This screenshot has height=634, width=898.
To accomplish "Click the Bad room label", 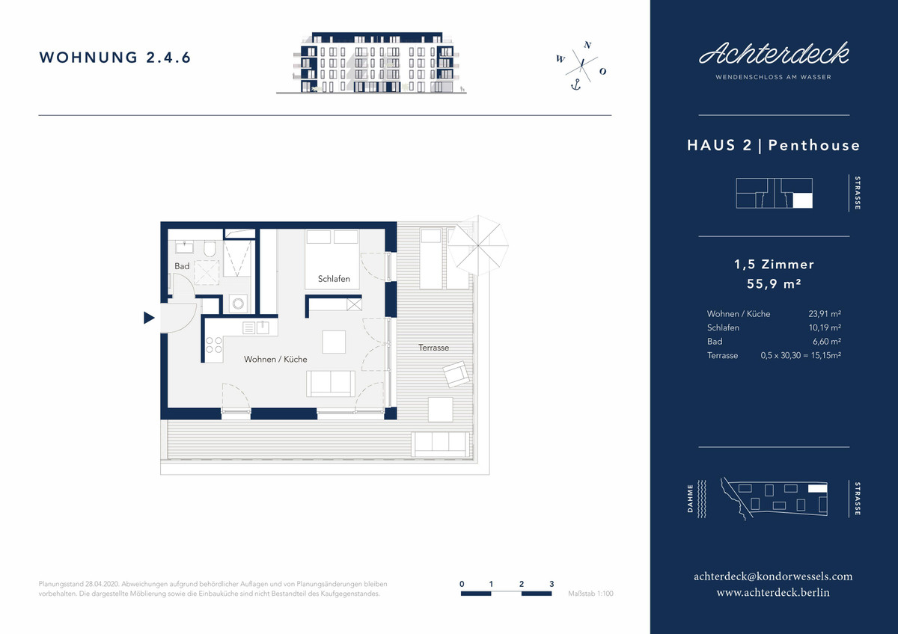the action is click(x=182, y=266).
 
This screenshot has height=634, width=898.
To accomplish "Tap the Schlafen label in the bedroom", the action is click(x=334, y=279).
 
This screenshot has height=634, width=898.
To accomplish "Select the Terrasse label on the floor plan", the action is click(x=434, y=348).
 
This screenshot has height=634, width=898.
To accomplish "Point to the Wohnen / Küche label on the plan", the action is click(x=275, y=360).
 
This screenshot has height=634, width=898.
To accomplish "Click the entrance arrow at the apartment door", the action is click(x=149, y=318).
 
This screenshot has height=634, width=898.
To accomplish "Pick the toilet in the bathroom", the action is click(x=210, y=249).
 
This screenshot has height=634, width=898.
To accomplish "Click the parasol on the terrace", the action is click(x=478, y=245).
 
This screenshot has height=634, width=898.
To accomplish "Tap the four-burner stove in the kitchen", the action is click(x=214, y=345).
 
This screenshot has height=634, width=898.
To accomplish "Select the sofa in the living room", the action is click(x=331, y=384).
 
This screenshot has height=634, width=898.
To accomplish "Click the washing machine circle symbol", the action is click(x=238, y=304).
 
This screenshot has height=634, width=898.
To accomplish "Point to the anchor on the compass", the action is click(x=576, y=84).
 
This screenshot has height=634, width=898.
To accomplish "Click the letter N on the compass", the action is click(x=587, y=45).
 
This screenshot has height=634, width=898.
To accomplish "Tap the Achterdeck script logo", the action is click(x=774, y=54).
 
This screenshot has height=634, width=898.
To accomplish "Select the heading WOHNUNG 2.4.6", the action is click(x=114, y=58).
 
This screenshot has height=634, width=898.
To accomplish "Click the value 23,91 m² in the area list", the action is click(x=825, y=313).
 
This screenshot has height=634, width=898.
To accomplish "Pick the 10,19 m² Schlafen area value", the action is click(x=825, y=327).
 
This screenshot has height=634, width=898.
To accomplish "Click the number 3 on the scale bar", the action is click(x=552, y=584).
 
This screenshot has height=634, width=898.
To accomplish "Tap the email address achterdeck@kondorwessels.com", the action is click(x=773, y=576).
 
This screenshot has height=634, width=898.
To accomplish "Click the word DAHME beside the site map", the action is click(x=690, y=499).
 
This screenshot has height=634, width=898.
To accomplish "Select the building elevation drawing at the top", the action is click(x=371, y=63).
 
